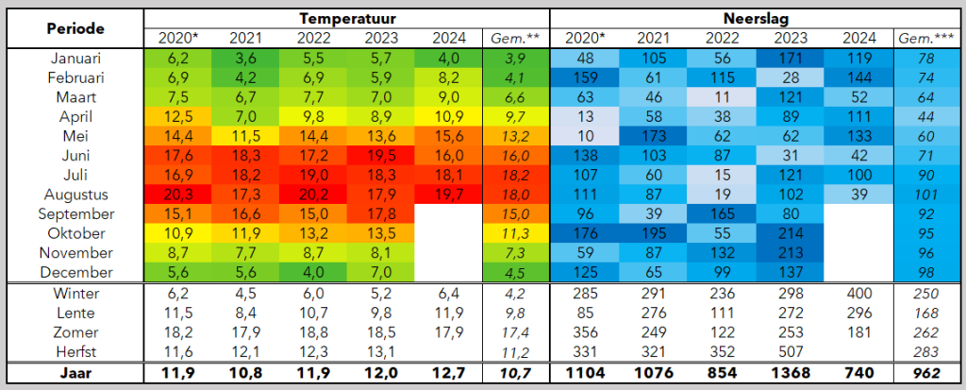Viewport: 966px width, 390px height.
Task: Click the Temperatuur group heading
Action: pos(346,19)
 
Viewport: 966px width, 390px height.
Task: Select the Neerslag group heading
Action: pos(755,19)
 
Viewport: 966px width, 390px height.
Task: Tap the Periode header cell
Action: pos(75,28)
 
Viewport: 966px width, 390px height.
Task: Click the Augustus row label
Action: pos(75,195)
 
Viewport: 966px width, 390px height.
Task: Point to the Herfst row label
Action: pos(75,351)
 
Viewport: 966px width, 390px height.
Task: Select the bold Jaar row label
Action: pos(75,373)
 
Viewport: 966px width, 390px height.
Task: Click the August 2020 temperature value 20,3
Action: pos(177,195)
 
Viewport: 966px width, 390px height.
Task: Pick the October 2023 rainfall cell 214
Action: pos(791,234)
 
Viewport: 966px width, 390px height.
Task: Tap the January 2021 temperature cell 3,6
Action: pos(245,59)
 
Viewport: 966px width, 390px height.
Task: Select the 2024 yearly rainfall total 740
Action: pos(859,373)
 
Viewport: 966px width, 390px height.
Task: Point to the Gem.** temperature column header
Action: pos(515,39)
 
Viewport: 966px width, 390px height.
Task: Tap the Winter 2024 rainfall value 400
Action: pos(859,293)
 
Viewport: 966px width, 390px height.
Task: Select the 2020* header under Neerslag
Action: pos(584,39)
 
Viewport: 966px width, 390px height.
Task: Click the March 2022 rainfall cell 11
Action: pos(722,97)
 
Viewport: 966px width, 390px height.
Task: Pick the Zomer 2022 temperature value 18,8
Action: pos(313,332)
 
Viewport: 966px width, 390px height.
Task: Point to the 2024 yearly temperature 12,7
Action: pos(448,373)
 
